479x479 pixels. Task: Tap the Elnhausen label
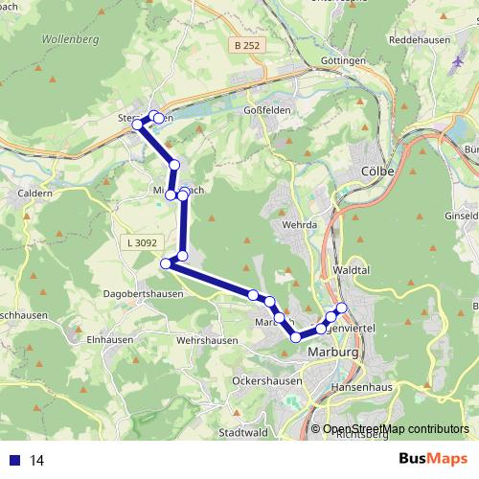point(108,338)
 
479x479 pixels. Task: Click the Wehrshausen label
point(207,340)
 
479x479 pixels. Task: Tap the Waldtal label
point(354,271)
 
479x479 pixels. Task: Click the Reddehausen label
point(419,41)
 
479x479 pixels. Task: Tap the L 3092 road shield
point(141,244)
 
